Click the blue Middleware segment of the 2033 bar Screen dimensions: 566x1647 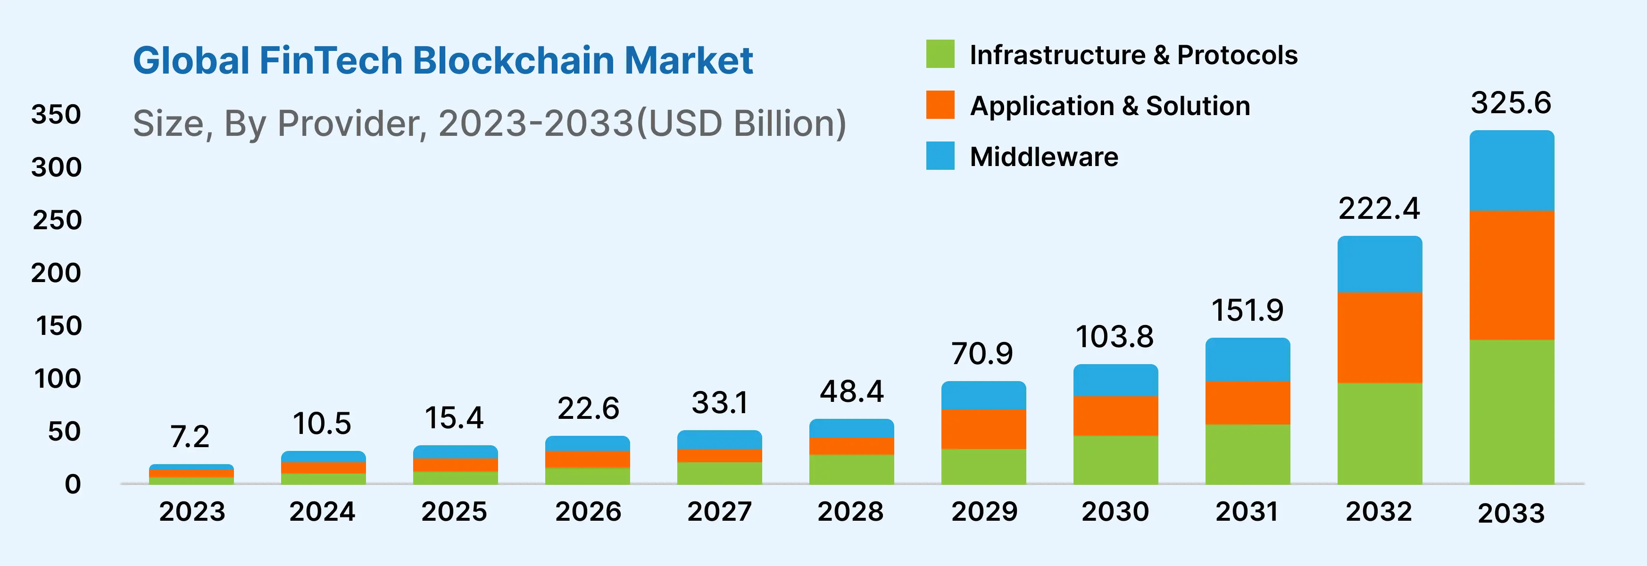pos(1512,171)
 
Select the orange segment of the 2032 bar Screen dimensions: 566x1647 pos(1380,337)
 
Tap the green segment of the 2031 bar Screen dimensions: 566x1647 pos(1248,454)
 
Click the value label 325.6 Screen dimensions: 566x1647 pos(1511,103)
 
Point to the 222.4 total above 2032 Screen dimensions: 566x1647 pos(1379,208)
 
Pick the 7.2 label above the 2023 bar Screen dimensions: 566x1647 pos(190,437)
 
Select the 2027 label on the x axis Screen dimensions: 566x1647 pos(719,512)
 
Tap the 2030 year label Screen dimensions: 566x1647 pos(1115,512)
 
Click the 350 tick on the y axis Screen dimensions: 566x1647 pos(56,115)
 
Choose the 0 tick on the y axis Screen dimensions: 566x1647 pos(73,484)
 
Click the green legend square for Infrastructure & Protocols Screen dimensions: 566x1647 pos(940,54)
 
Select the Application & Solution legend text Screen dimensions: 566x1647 pos(1110,106)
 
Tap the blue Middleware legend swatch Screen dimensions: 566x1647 pos(940,156)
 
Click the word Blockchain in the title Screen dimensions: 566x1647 pos(514,61)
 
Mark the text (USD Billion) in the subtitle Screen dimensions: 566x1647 pos(741,124)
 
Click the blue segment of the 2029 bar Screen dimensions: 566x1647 pos(983,395)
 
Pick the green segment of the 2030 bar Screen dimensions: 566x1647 pos(1115,460)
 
